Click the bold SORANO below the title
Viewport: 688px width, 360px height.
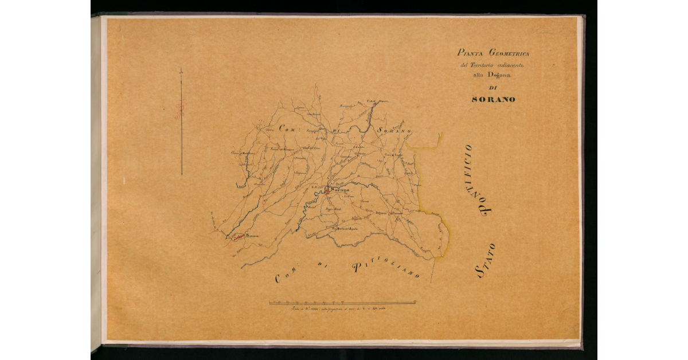coord(493,99)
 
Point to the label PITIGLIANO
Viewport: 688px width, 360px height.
coord(386,269)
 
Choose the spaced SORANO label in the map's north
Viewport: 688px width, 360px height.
coord(394,131)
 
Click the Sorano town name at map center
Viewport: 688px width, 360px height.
coord(340,189)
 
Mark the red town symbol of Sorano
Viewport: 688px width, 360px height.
coord(327,191)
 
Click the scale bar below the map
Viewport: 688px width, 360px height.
coord(343,302)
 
